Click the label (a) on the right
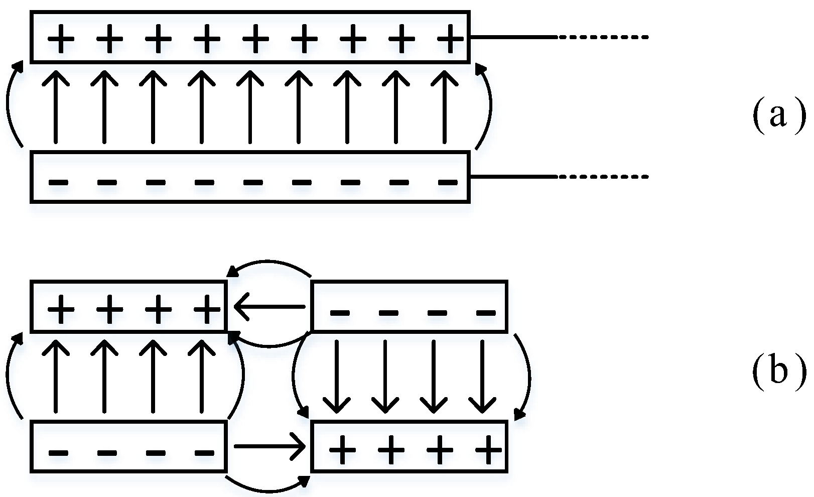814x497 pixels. [777, 116]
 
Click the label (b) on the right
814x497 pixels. [777, 372]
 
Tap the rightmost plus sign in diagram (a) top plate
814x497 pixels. [450, 39]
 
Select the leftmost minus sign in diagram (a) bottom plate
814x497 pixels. [59, 182]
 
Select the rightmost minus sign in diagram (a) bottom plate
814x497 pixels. [448, 182]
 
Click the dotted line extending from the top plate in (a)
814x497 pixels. [602, 37]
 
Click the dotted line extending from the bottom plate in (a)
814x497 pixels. [602, 177]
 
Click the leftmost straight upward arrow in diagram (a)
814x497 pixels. [55, 108]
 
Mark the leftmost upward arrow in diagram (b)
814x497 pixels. [55, 377]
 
